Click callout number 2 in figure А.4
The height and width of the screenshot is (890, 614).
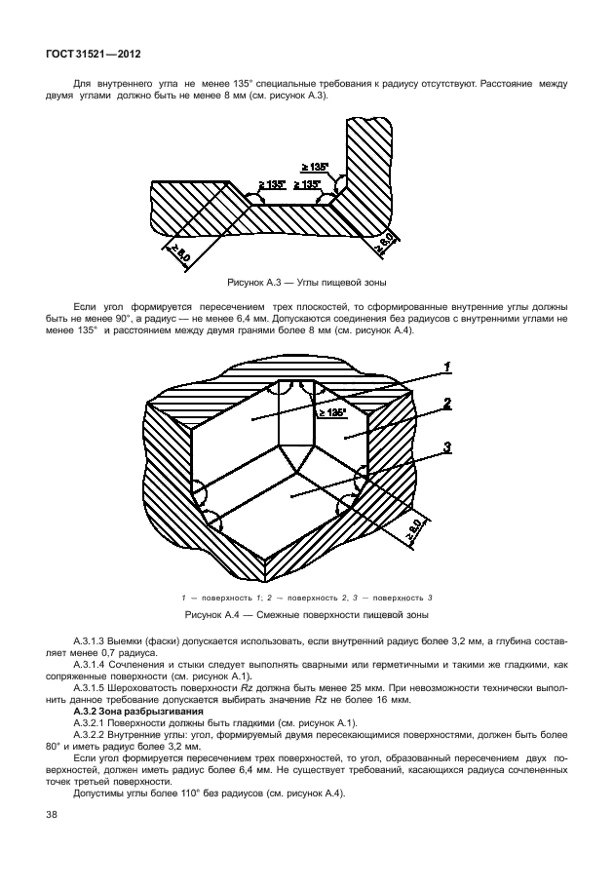[444, 403]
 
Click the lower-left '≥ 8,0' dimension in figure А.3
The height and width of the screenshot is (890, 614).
[177, 255]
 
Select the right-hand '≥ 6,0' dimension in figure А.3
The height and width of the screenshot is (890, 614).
[388, 240]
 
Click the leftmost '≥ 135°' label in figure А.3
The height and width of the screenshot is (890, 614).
[272, 184]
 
